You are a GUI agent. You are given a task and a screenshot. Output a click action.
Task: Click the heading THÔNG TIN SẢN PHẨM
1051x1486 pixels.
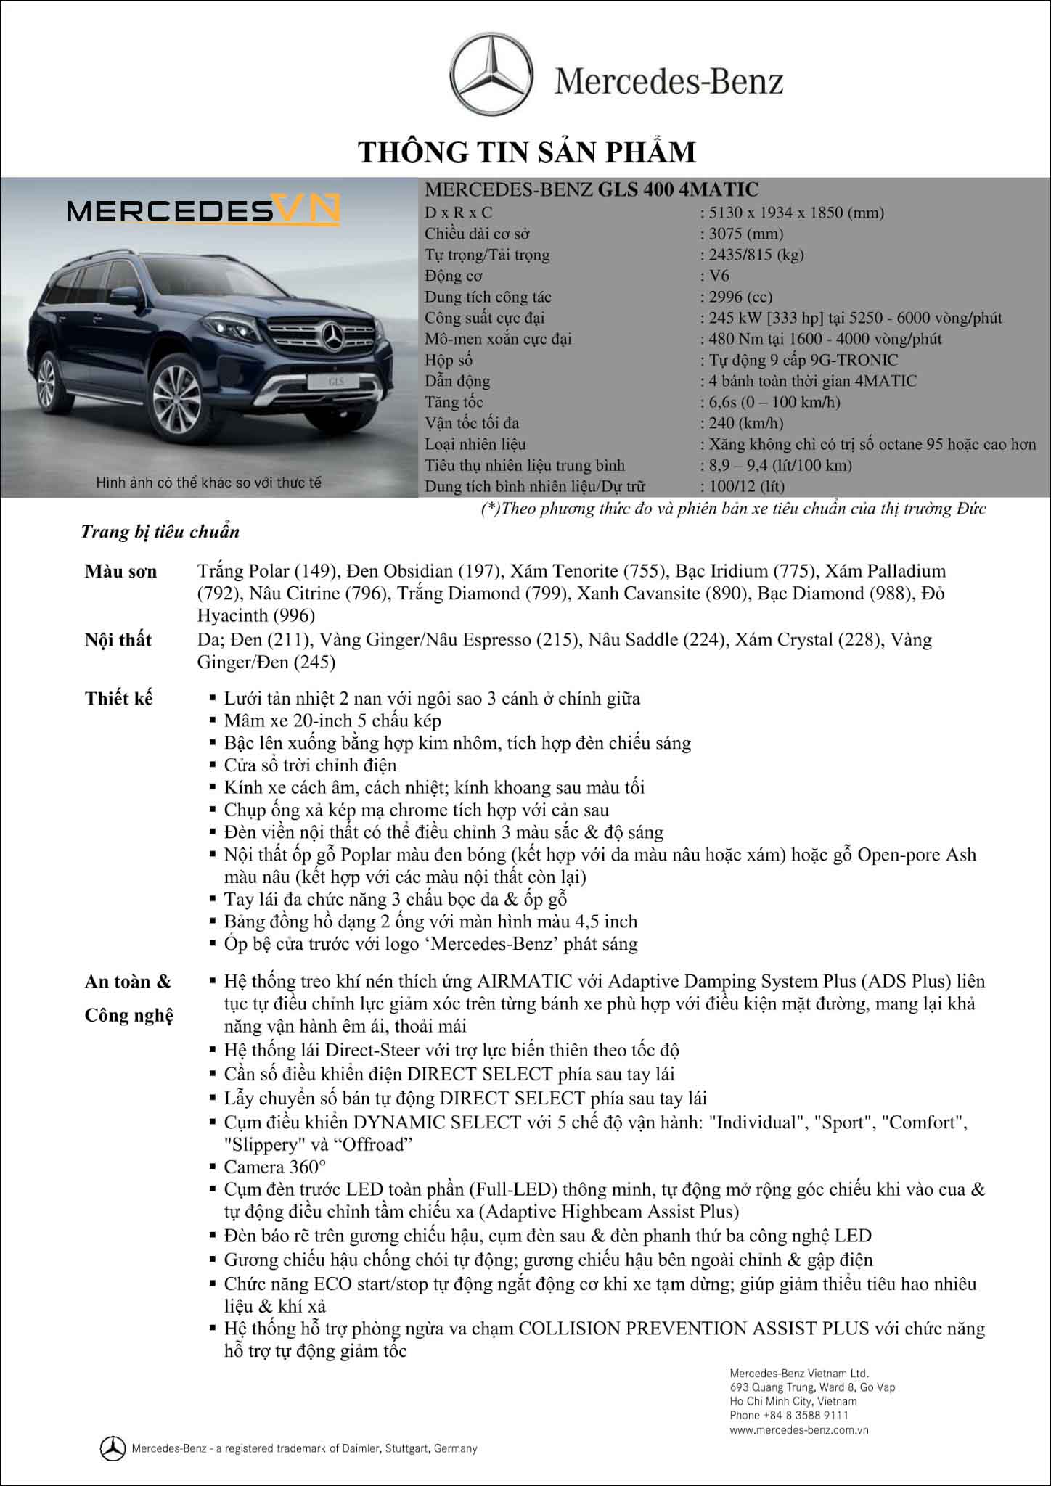tap(528, 152)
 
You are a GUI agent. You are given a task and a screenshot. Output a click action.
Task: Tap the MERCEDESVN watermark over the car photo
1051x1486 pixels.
tap(203, 210)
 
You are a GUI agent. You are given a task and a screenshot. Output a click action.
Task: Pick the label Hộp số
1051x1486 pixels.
tap(449, 360)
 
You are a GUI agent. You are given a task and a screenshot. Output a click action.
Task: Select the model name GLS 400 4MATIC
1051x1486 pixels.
tap(678, 190)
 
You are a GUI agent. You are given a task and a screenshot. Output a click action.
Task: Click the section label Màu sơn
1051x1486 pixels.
tap(120, 571)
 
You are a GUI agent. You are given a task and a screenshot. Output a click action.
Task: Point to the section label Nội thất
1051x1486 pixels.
tap(118, 639)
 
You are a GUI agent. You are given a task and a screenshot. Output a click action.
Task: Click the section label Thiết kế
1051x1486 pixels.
tap(119, 699)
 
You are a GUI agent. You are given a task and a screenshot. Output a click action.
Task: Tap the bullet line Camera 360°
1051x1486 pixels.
tap(275, 1167)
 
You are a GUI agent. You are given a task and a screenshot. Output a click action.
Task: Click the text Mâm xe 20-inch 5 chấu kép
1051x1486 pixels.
tap(332, 721)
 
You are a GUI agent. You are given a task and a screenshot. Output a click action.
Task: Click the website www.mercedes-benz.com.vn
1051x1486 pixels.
tap(799, 1430)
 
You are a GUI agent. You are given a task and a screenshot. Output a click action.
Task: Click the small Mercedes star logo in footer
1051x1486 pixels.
tap(112, 1448)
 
